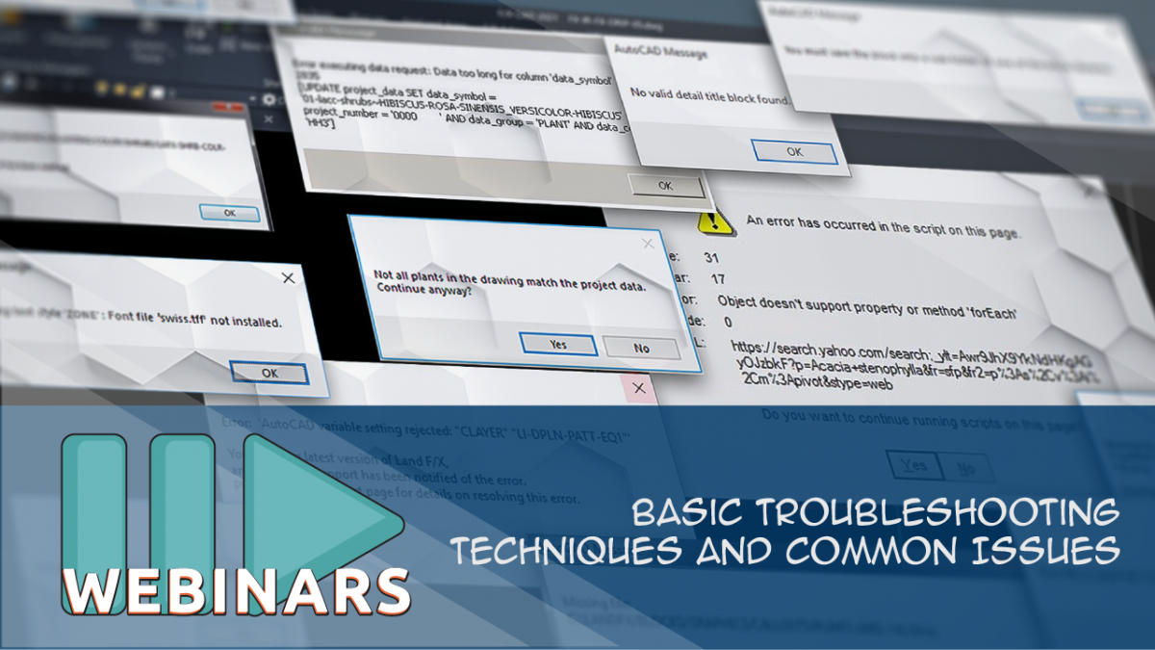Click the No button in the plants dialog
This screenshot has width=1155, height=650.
641,347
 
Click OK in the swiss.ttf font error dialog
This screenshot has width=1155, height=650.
269,373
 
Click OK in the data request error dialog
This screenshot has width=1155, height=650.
665,185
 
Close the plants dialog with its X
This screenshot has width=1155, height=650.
648,244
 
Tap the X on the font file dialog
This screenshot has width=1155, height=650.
287,278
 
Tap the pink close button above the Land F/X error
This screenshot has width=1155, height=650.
637,389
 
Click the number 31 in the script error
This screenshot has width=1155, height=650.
712,258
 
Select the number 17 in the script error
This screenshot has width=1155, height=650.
718,279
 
